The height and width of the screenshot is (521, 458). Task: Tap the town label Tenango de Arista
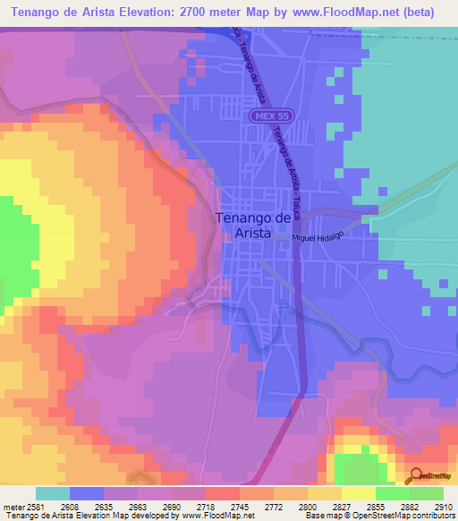[x=253, y=225]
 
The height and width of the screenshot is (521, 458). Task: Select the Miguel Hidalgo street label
[x=318, y=235]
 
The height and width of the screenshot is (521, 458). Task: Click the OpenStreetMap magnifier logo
[x=415, y=477]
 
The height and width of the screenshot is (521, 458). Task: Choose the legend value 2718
[x=188, y=507]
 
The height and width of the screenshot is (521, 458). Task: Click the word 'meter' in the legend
[x=12, y=507]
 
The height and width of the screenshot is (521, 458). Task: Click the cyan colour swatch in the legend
[x=53, y=493]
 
